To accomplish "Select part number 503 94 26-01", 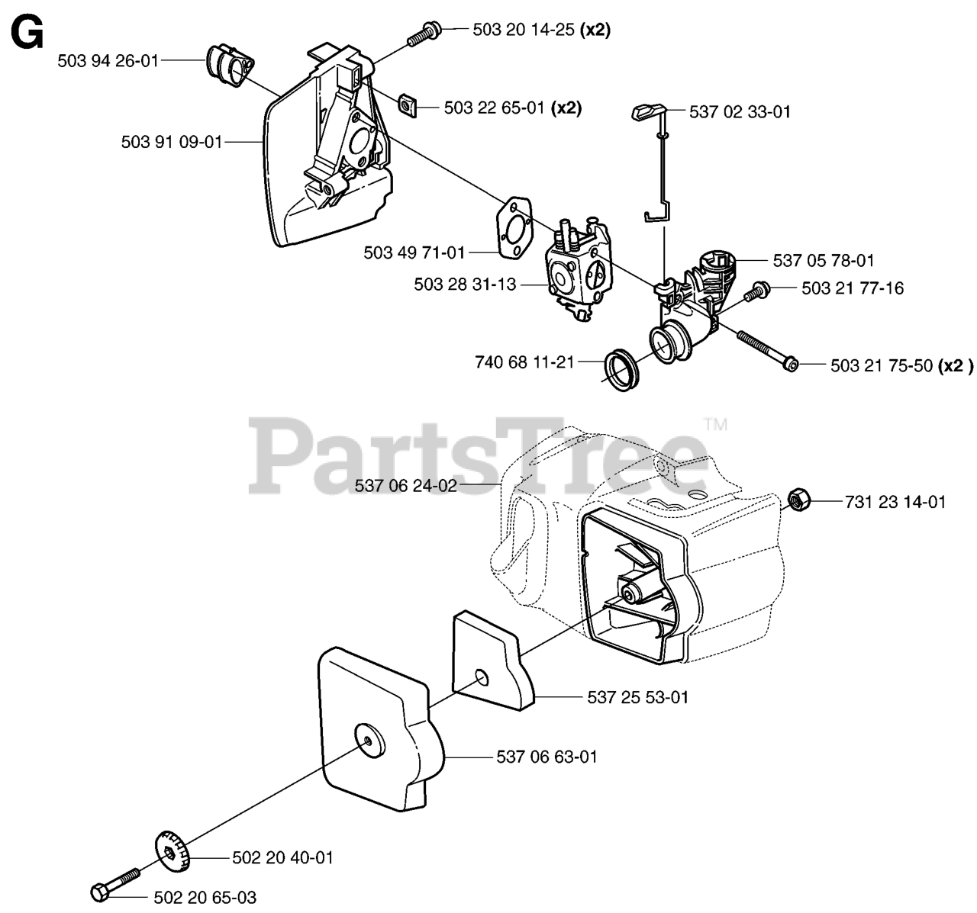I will [x=108, y=60].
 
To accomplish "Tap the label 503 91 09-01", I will [x=171, y=141].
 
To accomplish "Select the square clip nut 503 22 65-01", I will [x=409, y=104].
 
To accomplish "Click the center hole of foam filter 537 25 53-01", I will [x=480, y=677].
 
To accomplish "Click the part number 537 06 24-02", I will [x=406, y=485].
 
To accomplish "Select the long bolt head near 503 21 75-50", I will [x=791, y=365].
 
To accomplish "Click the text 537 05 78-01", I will [x=824, y=261].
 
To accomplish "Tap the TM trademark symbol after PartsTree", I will [x=715, y=424].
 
